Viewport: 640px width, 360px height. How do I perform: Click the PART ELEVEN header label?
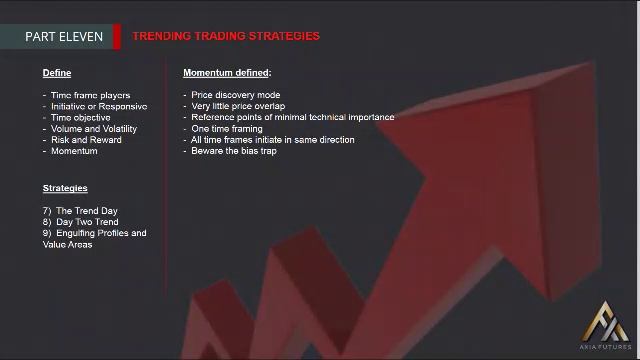[x=65, y=37]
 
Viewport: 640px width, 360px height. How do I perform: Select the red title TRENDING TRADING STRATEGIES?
[x=226, y=36]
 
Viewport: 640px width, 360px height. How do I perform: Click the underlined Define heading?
[x=57, y=73]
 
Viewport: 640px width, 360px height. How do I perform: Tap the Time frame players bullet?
[x=90, y=95]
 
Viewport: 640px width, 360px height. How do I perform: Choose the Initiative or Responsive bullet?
[x=98, y=106]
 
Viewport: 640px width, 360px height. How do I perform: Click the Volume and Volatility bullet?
[x=93, y=129]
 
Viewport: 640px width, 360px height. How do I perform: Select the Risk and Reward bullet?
[x=85, y=140]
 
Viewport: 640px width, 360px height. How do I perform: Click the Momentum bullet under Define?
[x=74, y=151]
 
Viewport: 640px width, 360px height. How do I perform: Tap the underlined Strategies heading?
[x=65, y=188]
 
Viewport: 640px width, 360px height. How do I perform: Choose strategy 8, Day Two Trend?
[x=84, y=222]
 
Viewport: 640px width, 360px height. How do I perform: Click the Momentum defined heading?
[x=227, y=73]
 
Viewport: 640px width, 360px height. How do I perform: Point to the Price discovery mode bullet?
[x=236, y=95]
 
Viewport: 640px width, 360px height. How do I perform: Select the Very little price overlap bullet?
[x=238, y=106]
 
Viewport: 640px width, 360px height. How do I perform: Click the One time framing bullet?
[x=226, y=129]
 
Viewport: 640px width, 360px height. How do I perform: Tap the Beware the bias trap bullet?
[x=233, y=151]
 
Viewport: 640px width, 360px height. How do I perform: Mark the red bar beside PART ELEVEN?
[x=117, y=37]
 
